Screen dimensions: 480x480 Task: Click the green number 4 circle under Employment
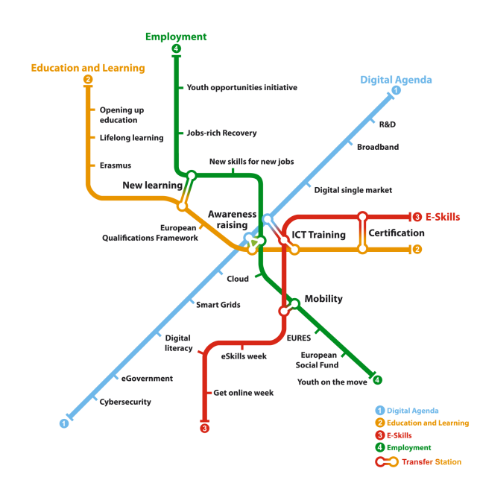coord(176,48)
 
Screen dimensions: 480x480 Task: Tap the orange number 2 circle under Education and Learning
coord(88,79)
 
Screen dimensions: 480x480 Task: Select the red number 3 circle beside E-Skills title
coord(417,217)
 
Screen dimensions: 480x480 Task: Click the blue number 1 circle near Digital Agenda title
coord(396,90)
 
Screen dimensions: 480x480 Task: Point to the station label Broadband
coord(378,147)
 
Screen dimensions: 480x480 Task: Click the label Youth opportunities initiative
coord(241,87)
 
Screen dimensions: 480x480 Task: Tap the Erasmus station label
coord(116,165)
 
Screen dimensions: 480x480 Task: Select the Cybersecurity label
coord(125,402)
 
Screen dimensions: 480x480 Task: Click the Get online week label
coord(244,393)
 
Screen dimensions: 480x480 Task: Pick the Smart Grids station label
coord(218,305)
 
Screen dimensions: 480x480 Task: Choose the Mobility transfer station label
coord(323,299)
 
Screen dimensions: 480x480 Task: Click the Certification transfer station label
coord(397,233)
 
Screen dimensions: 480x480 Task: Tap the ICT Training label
coord(319,235)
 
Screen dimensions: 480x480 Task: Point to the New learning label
coord(153,185)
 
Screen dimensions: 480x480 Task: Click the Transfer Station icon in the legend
coord(387,462)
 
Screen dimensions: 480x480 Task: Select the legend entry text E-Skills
coord(400,435)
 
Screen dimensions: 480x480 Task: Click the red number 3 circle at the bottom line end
coord(204,428)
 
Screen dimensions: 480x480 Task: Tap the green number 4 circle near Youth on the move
coord(377,380)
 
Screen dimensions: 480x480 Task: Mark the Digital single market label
coord(353,190)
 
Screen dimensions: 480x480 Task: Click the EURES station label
coord(299,338)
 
